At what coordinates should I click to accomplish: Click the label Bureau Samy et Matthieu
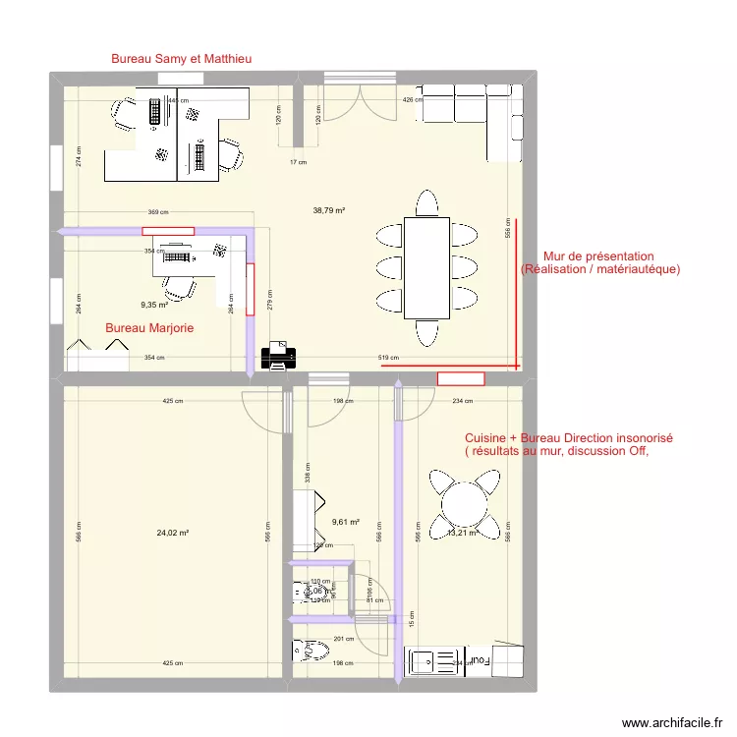point(181,59)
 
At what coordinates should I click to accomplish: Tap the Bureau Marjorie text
point(149,328)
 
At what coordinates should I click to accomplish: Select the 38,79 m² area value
point(328,210)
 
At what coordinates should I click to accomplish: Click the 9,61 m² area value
point(345,523)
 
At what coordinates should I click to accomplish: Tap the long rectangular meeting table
point(426,267)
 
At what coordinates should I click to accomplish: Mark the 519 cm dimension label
point(389,358)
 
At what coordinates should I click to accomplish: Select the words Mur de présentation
point(592,256)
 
